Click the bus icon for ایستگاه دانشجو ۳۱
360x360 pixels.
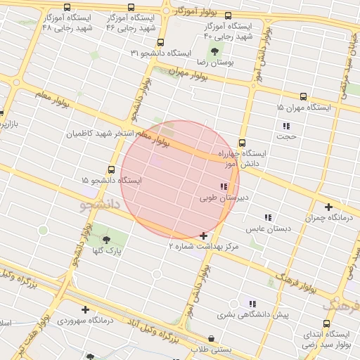tap(161, 42)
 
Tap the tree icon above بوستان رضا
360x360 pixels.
tap(215, 51)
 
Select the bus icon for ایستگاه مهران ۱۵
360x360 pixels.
tap(303, 96)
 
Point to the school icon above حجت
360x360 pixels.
tap(286, 126)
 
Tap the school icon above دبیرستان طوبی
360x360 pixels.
tap(223, 186)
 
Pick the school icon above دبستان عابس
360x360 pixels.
tap(267, 218)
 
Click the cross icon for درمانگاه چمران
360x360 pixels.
tap(328, 207)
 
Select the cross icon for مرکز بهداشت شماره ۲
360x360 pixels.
tap(203, 236)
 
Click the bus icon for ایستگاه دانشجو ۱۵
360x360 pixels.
tap(111, 169)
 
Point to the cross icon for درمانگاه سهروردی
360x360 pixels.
tap(85, 309)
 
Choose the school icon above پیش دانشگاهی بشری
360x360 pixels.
tap(252, 304)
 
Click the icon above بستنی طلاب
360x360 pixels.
tap(212, 338)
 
